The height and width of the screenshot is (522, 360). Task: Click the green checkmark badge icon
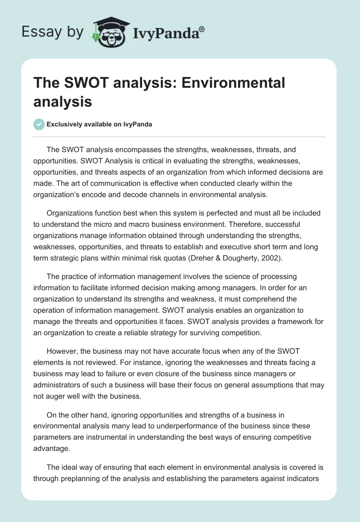[39, 124]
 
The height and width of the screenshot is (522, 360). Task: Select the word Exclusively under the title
[67, 125]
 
